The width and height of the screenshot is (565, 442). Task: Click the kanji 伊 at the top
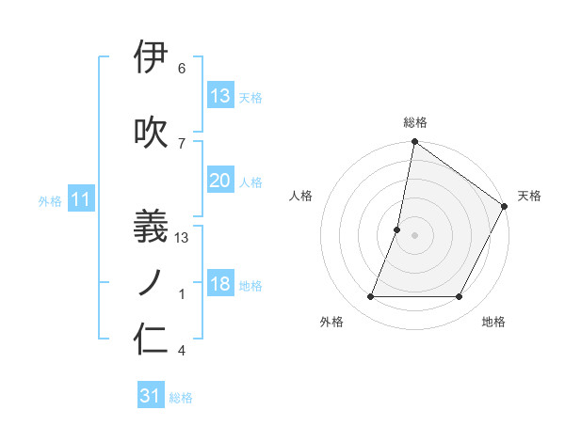[152, 57]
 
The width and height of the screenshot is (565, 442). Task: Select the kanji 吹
[152, 132]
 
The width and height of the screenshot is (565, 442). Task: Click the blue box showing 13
[220, 96]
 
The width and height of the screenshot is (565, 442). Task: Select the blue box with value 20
[220, 181]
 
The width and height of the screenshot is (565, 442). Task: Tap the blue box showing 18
[220, 285]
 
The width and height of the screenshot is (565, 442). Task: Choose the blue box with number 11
[81, 199]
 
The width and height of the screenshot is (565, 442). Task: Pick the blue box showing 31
[151, 396]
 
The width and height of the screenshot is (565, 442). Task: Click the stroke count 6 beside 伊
[182, 69]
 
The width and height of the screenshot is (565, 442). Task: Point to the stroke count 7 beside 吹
[182, 143]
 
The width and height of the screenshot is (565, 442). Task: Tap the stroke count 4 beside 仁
[182, 351]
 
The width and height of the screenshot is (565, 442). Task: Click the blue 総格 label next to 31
[181, 398]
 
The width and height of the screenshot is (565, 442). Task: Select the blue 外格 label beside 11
[50, 201]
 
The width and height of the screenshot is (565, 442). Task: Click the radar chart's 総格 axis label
[414, 122]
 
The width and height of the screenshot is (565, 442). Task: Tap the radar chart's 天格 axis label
[529, 196]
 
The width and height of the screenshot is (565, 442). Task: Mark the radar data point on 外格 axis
[370, 297]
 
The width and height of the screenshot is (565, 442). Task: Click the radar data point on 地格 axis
[460, 297]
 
